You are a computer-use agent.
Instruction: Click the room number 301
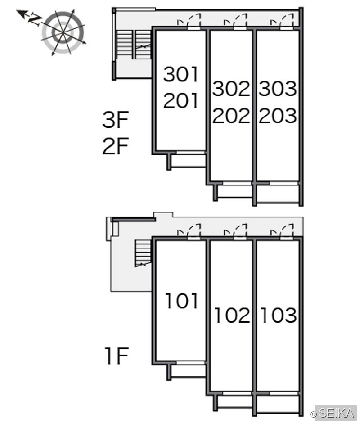tap(181, 74)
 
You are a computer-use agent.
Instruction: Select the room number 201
tap(181, 100)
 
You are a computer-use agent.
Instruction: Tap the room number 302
tap(231, 89)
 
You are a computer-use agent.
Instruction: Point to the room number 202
tap(231, 116)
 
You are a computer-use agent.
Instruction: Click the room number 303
tap(278, 89)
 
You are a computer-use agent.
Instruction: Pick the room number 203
tap(278, 116)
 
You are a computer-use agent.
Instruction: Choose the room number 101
tap(182, 301)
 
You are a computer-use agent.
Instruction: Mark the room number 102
tap(232, 315)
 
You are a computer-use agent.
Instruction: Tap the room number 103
tap(279, 315)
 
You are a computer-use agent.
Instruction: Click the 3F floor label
tap(115, 120)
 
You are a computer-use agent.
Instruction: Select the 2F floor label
tap(115, 146)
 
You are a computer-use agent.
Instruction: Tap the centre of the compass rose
tap(63, 32)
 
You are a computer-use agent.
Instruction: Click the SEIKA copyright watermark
tap(333, 413)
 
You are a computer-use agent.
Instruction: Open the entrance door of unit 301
tap(194, 21)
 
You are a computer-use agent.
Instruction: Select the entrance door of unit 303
tap(287, 21)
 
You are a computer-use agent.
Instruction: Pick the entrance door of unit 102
tap(241, 231)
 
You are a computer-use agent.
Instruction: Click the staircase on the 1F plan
tap(143, 253)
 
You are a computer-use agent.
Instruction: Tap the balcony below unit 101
tap(187, 371)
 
